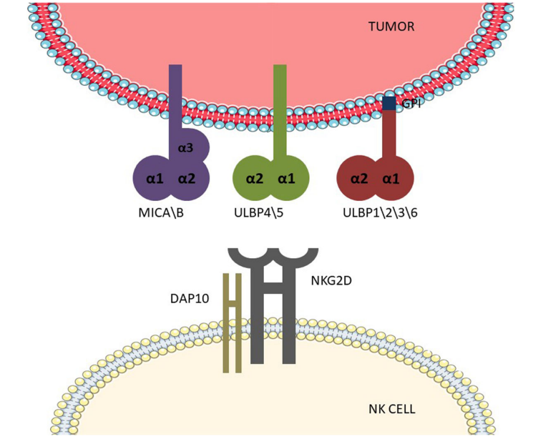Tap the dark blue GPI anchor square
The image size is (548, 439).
389,104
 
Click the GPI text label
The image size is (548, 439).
411,104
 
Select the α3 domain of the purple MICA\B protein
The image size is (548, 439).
186,147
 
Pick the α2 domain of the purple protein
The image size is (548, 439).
187,178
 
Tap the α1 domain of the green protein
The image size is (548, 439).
287,178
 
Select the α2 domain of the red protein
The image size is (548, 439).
358,178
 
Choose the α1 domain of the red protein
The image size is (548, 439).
390,178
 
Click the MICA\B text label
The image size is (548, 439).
161,212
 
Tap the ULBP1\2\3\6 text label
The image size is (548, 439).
380,212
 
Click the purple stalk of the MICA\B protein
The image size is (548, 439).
175,100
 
